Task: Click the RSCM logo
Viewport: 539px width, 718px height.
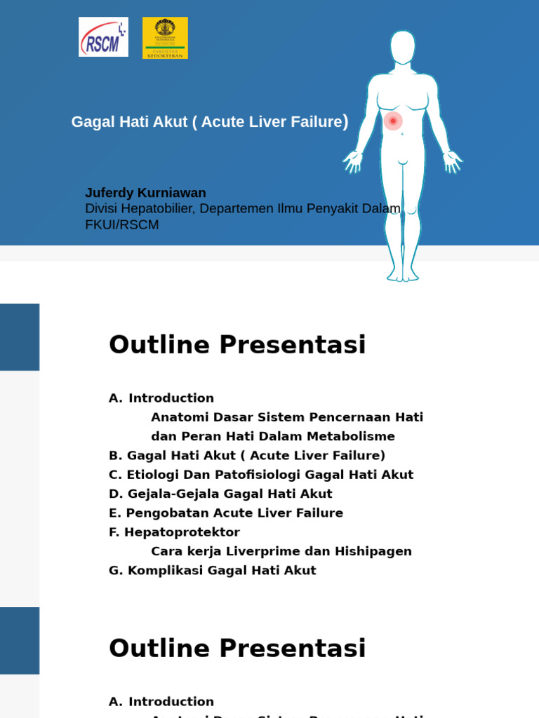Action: (x=103, y=37)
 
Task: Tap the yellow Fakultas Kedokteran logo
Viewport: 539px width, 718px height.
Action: (x=165, y=38)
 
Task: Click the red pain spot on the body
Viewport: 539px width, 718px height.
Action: (x=393, y=121)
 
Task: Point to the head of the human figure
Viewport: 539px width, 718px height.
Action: (x=403, y=47)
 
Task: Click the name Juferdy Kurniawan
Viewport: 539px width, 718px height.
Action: (x=145, y=193)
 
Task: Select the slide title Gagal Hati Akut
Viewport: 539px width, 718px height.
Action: (x=209, y=122)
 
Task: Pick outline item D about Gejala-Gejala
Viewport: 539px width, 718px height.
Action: (x=220, y=494)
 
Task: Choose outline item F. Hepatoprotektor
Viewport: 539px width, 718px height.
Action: (x=174, y=532)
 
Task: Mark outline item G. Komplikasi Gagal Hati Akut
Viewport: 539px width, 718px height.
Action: (x=212, y=571)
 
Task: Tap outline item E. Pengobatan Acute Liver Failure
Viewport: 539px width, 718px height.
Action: (x=226, y=513)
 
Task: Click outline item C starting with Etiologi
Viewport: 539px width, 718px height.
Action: (x=261, y=475)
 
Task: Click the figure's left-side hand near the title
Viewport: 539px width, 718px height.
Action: (x=352, y=162)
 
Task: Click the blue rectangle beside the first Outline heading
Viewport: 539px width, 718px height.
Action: (x=20, y=337)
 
